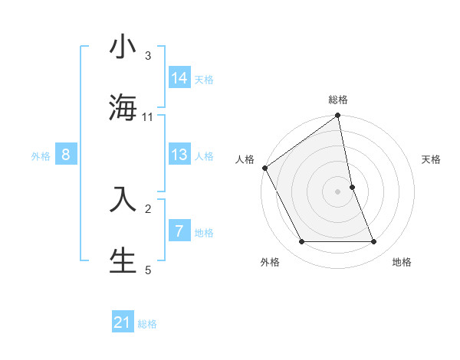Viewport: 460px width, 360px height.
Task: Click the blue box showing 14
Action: point(179,77)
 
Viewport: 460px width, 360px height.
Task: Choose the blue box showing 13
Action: point(179,155)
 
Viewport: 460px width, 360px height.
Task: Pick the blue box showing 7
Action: point(179,231)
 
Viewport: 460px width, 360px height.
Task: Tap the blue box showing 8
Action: point(66,155)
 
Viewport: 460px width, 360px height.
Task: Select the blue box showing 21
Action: point(123,322)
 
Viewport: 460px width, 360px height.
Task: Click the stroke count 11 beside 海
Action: point(148,117)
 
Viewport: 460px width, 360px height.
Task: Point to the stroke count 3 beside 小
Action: point(148,56)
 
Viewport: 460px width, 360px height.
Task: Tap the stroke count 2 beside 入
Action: point(148,208)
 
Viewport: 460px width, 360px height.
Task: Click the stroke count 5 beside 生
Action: point(148,269)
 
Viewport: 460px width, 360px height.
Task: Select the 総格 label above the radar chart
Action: point(338,100)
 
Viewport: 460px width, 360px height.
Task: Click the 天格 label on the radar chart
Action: point(431,159)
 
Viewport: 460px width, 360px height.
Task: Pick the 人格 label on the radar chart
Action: point(245,159)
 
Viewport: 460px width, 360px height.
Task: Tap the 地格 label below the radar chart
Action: point(402,262)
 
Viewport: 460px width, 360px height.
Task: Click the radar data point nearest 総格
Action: point(338,116)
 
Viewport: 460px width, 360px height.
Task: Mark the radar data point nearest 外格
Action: point(301,242)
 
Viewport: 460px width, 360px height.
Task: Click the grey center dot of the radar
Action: point(338,191)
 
